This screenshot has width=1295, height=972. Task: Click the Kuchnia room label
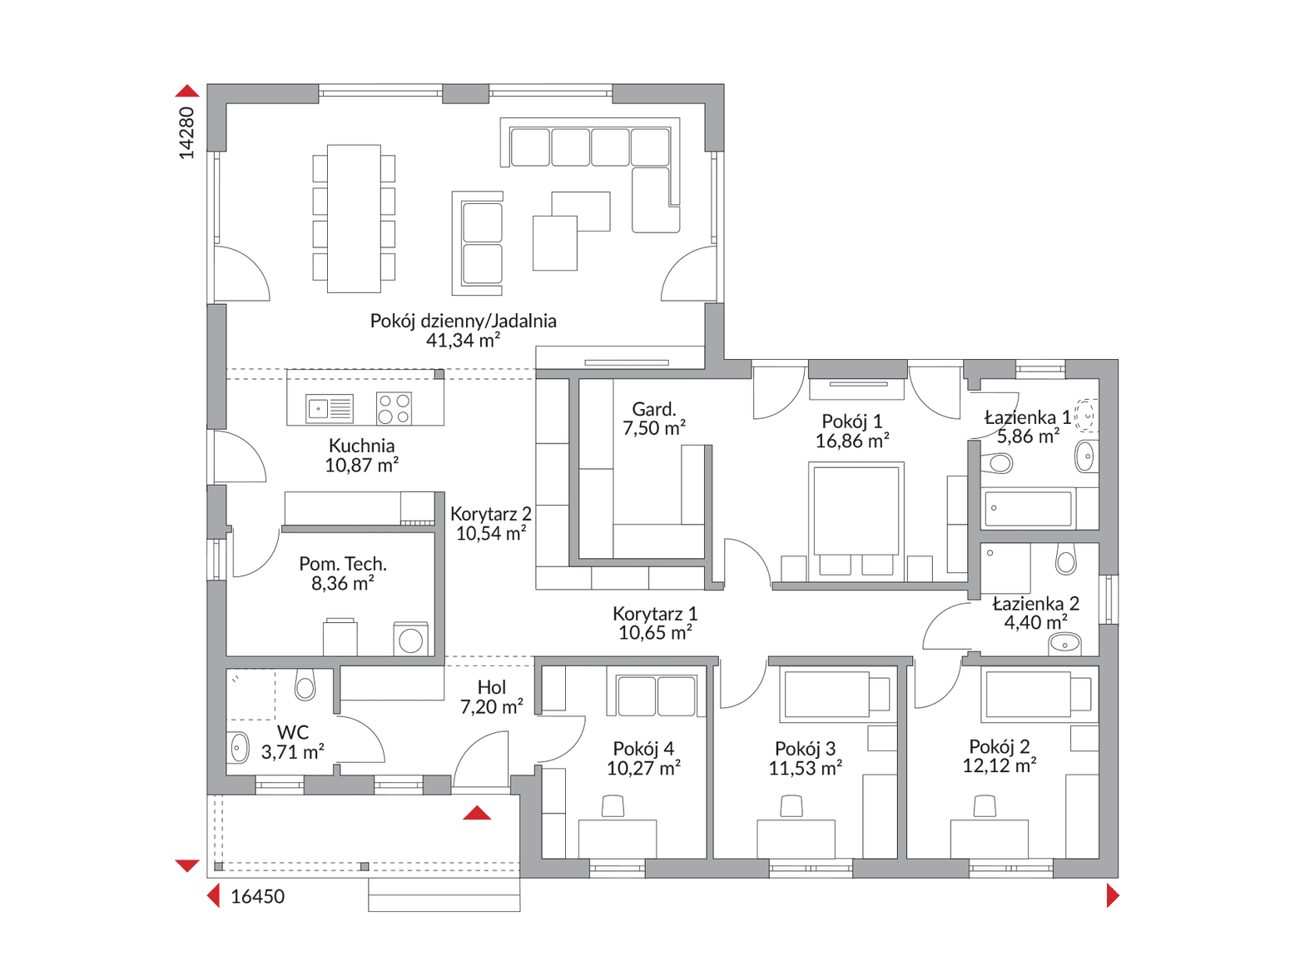coord(361,446)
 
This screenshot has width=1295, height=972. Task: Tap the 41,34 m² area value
coord(463,341)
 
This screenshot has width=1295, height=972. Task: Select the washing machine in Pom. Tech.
coord(410,639)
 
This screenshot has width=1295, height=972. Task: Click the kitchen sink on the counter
coord(330,408)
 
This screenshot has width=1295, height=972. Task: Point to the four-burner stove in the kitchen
coord(394,408)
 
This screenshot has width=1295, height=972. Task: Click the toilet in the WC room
coord(305,685)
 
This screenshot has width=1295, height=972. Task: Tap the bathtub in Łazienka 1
coord(1028,508)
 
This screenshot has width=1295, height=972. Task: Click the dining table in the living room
coord(354,218)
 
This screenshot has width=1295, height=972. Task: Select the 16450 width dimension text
coord(257,896)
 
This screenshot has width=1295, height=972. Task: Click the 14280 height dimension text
coord(186,132)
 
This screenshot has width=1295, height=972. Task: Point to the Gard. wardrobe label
coord(653,409)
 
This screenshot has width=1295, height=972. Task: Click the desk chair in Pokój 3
coord(791,807)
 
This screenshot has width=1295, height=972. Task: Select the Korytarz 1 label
coord(655,614)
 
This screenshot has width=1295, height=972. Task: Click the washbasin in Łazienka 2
coord(1065,645)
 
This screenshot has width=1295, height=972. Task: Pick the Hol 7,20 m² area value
coord(492,707)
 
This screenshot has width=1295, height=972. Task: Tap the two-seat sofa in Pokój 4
coord(656,695)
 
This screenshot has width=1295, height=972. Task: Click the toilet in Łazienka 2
coord(1066,559)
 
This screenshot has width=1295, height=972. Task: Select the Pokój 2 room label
coord(1000,747)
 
